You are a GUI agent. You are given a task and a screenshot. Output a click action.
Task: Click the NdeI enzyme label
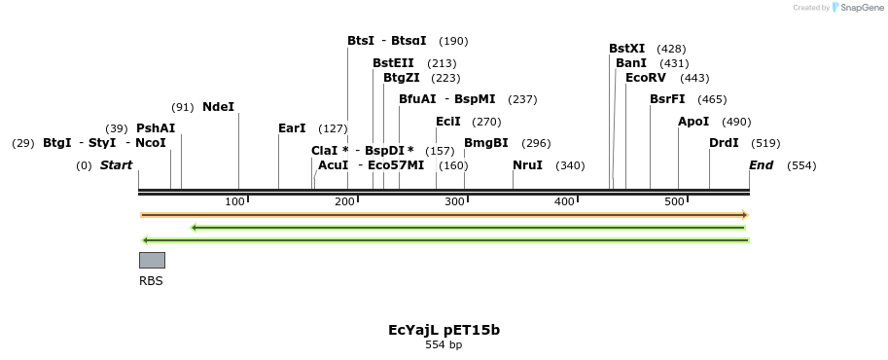[218, 107]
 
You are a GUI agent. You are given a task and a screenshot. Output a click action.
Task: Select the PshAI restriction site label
[156, 128]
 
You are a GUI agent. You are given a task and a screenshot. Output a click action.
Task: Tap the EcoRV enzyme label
[646, 78]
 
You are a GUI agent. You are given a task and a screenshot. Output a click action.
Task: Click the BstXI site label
[626, 49]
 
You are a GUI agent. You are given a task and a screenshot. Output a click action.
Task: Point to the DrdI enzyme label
[724, 143]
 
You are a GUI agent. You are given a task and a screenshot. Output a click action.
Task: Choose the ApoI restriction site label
[694, 122]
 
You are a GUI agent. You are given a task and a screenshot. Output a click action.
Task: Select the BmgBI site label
[485, 143]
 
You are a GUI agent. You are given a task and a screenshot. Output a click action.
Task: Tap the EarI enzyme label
[292, 128]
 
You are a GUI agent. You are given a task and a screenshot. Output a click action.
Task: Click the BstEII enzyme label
[393, 63]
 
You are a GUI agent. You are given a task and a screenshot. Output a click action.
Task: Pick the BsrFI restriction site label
[667, 99]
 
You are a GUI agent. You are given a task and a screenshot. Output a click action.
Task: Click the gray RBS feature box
[152, 260]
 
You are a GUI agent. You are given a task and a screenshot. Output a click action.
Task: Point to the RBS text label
[151, 281]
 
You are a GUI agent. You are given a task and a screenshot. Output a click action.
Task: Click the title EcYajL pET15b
[444, 330]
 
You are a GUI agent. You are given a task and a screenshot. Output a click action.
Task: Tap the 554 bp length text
[444, 345]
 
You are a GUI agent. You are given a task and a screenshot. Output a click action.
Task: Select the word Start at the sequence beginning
[116, 165]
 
